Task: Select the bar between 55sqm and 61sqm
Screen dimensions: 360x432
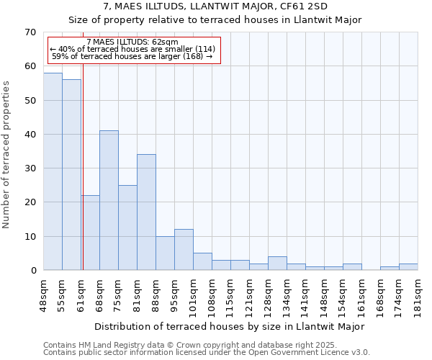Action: click(x=71, y=175)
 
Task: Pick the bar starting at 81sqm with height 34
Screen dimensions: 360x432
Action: click(x=146, y=212)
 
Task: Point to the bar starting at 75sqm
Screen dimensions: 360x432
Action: click(x=127, y=228)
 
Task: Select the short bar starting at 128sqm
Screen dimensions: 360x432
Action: click(x=277, y=264)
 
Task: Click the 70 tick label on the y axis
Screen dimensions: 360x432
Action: click(x=30, y=32)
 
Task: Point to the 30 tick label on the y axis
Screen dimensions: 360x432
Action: click(x=30, y=168)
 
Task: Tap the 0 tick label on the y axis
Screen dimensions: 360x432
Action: click(x=32, y=271)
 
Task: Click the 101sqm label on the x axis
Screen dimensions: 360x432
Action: click(x=194, y=293)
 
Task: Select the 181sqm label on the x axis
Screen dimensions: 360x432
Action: click(x=418, y=293)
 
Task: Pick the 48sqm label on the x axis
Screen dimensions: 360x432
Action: click(x=44, y=293)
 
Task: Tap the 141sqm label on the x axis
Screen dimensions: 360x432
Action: click(x=306, y=293)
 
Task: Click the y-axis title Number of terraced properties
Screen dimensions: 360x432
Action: click(x=7, y=154)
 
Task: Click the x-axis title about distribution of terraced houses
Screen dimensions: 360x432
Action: click(x=230, y=326)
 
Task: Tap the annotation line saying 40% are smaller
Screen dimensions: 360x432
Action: click(x=132, y=49)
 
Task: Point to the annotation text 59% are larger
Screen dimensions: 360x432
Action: click(x=132, y=56)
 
